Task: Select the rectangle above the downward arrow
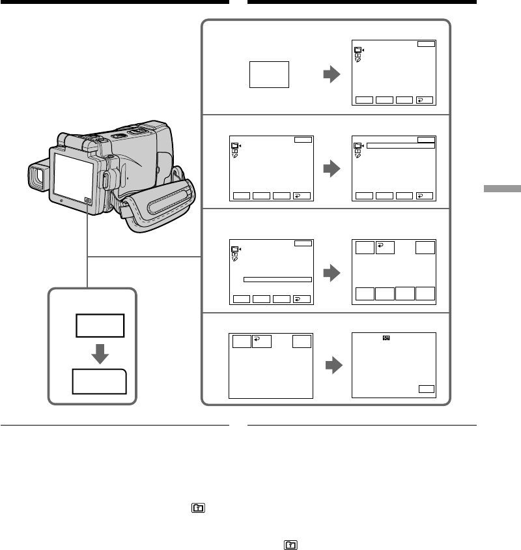pos(100,325)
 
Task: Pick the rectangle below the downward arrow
pos(100,381)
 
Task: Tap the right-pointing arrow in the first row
pos(332,76)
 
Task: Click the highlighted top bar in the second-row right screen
pos(400,145)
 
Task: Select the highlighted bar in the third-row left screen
pos(277,279)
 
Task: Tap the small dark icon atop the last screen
pos(386,339)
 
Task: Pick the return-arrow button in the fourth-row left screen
pos(260,343)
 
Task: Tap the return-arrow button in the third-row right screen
pos(384,247)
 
